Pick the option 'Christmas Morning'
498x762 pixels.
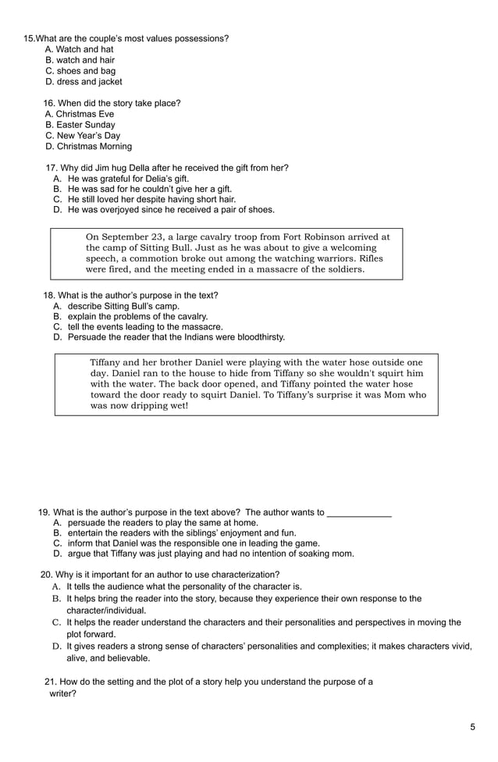[88, 147]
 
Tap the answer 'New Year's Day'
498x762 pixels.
[83, 136]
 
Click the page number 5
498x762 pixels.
[472, 728]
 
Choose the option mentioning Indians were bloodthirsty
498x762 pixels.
[176, 337]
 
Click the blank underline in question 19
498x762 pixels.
[359, 513]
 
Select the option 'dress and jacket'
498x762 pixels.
[83, 82]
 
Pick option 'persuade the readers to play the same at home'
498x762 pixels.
[162, 523]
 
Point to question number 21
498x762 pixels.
[51, 682]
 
